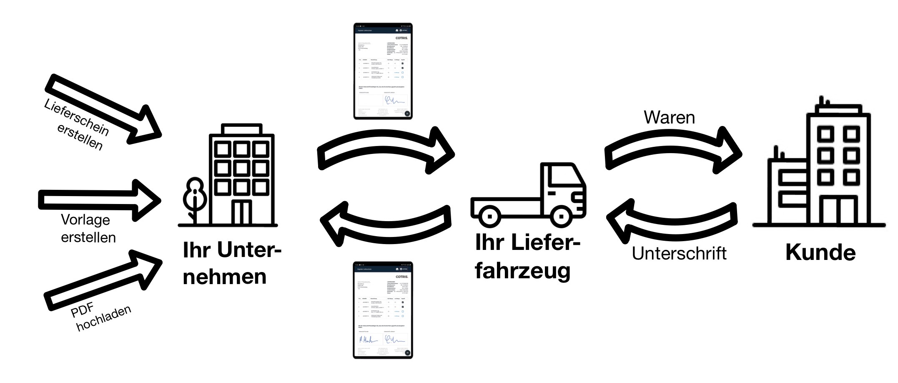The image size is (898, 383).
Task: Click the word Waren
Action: pyautogui.click(x=669, y=118)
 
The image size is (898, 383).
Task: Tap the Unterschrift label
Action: pyautogui.click(x=679, y=254)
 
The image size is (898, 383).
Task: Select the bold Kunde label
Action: pyautogui.click(x=820, y=253)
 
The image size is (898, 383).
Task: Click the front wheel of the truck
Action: pyautogui.click(x=561, y=217)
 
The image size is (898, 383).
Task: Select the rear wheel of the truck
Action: pyautogui.click(x=489, y=217)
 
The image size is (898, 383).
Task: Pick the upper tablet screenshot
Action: pyautogui.click(x=383, y=71)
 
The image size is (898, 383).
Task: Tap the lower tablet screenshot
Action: pyautogui.click(x=383, y=310)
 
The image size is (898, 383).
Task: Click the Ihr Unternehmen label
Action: pyautogui.click(x=231, y=263)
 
